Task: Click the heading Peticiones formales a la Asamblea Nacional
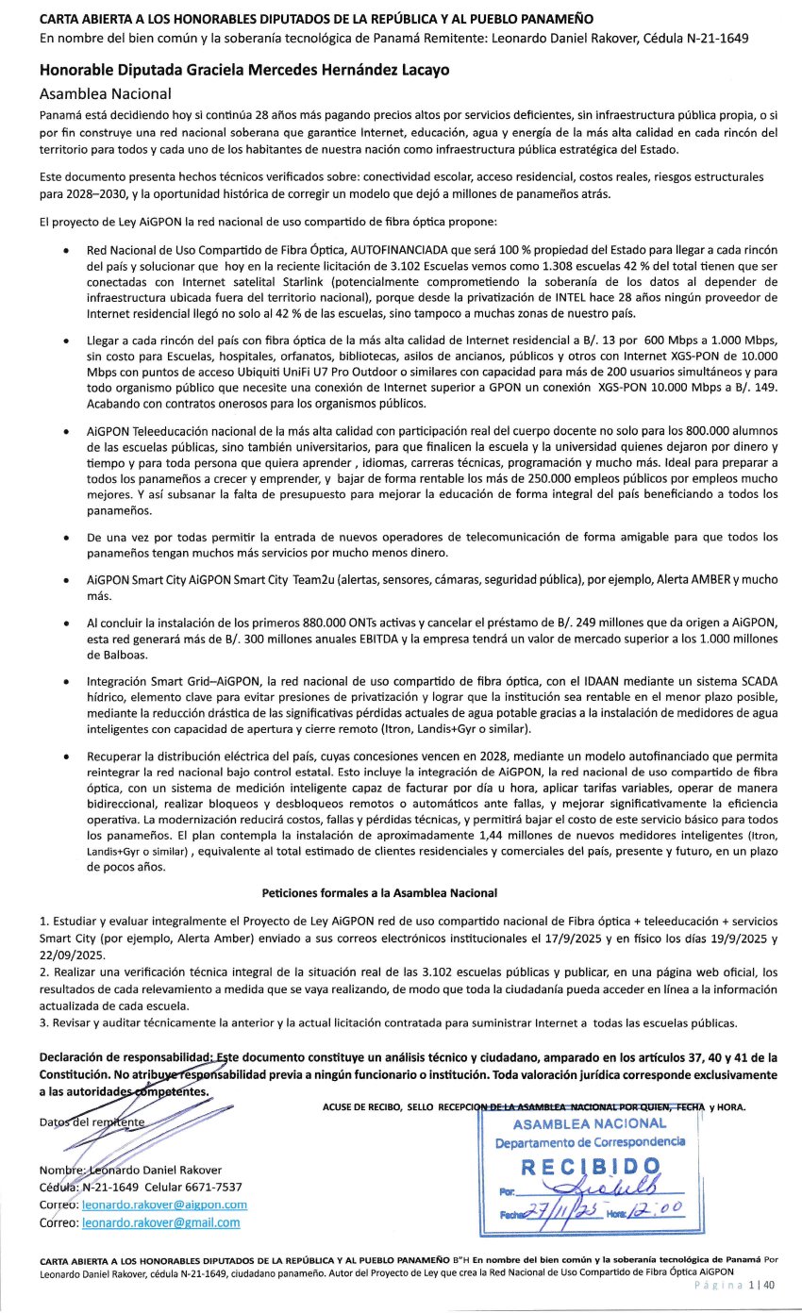coord(378,892)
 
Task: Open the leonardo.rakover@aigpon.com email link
coord(164,1205)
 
